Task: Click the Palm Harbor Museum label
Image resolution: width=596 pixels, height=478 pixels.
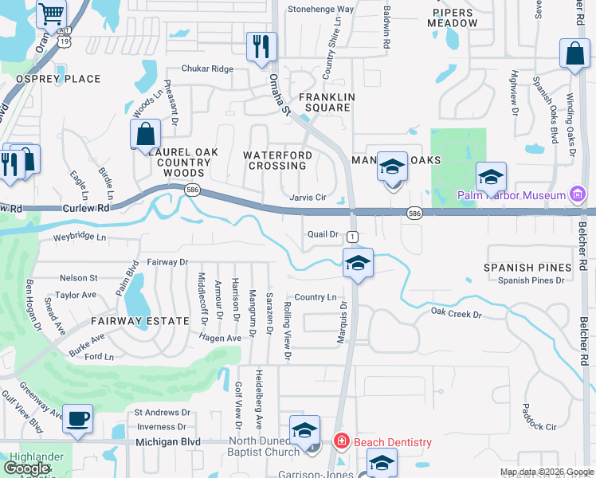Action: (510, 194)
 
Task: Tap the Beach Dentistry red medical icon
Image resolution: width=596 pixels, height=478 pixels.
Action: (341, 441)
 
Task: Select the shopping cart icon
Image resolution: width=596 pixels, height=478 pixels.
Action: (51, 14)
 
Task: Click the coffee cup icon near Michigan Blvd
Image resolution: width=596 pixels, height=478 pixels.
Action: (77, 418)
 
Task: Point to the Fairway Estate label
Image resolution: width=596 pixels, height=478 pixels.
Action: (139, 321)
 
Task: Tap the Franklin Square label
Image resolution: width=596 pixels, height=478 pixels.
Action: (324, 102)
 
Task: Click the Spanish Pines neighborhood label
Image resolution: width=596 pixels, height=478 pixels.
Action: (527, 268)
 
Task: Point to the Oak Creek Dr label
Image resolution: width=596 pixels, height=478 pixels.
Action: (457, 314)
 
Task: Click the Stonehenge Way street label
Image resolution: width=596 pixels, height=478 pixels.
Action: (320, 10)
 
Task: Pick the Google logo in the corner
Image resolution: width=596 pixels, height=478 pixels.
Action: (27, 468)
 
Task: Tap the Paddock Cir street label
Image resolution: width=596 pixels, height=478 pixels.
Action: (539, 427)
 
